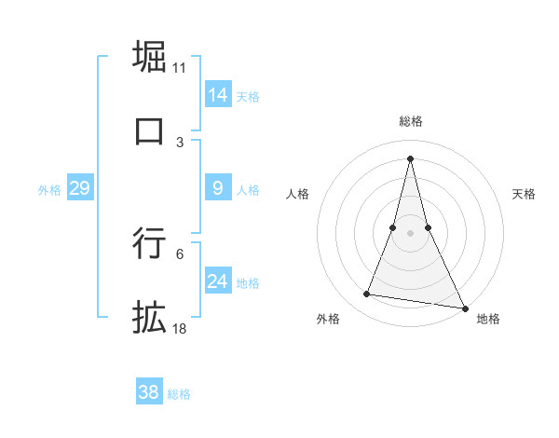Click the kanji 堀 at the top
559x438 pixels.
pos(149,57)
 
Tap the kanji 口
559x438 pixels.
pos(149,130)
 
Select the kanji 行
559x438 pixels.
pos(149,243)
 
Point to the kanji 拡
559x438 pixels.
pos(149,317)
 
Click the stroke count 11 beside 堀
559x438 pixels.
pos(180,67)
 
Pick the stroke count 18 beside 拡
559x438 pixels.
pos(180,328)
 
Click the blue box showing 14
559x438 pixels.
pos(218,94)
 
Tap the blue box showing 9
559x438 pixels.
pos(218,188)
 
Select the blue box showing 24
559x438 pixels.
pos(218,281)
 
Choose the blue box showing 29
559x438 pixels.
pos(79,188)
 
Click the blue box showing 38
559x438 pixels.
pos(148,392)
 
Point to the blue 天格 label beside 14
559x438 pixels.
pos(248,96)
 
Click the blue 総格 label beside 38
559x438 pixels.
pos(179,394)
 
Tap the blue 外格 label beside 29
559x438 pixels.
pos(49,190)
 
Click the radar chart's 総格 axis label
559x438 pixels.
pos(411,121)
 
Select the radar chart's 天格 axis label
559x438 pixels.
pos(524,194)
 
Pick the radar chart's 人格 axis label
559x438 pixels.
pos(297,194)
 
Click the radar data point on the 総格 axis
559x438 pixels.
pos(411,157)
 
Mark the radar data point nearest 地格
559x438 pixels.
pos(464,307)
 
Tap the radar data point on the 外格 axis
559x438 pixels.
pos(366,294)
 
